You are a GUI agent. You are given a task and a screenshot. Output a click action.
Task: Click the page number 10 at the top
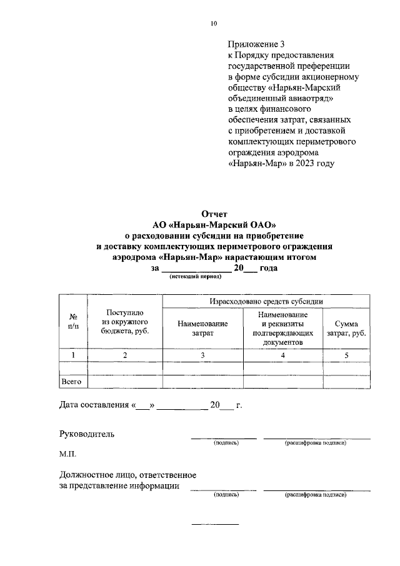[214, 23]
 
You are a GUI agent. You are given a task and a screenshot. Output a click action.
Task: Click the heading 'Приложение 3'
[256, 44]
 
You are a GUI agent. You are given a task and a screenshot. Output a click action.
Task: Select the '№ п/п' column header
[73, 321]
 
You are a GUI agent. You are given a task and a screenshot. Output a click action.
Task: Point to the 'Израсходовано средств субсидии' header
[266, 301]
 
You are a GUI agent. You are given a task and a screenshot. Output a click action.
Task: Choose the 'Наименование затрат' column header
[202, 329]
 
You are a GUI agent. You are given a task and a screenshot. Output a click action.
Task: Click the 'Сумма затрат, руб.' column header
[346, 329]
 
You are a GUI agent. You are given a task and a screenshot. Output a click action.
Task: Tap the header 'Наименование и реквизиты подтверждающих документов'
[283, 329]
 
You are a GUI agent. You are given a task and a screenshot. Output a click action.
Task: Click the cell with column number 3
[202, 355]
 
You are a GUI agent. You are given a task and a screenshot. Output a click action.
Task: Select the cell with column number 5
[346, 355]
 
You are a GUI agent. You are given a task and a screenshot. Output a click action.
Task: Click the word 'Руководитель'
[87, 434]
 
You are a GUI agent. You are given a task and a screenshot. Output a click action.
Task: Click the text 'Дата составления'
[94, 405]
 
